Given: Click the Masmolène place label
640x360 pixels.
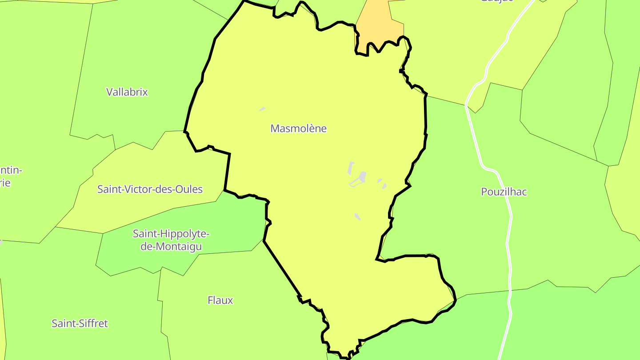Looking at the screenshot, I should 299,128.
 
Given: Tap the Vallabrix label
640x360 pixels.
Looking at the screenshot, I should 127,92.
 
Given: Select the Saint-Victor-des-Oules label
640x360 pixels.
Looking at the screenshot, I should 150,189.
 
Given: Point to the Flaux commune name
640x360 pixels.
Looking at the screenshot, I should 220,300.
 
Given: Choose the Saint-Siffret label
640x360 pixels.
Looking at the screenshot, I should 80,324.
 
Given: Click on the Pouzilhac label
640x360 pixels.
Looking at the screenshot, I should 504,192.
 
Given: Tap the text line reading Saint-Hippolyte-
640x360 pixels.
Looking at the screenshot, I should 171,234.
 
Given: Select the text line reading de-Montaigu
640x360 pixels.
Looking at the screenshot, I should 171,246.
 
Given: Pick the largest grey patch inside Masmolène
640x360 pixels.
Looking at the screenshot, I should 362,177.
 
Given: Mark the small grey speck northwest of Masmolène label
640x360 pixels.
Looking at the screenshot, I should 262,109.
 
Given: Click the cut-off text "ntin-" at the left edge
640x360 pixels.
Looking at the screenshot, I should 11,170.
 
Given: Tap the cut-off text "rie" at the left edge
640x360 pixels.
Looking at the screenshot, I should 5,183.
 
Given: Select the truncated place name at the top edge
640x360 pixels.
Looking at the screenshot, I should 496,1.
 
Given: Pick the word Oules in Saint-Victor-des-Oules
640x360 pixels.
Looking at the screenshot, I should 189,189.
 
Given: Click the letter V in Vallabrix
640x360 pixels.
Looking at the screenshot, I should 109,92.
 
